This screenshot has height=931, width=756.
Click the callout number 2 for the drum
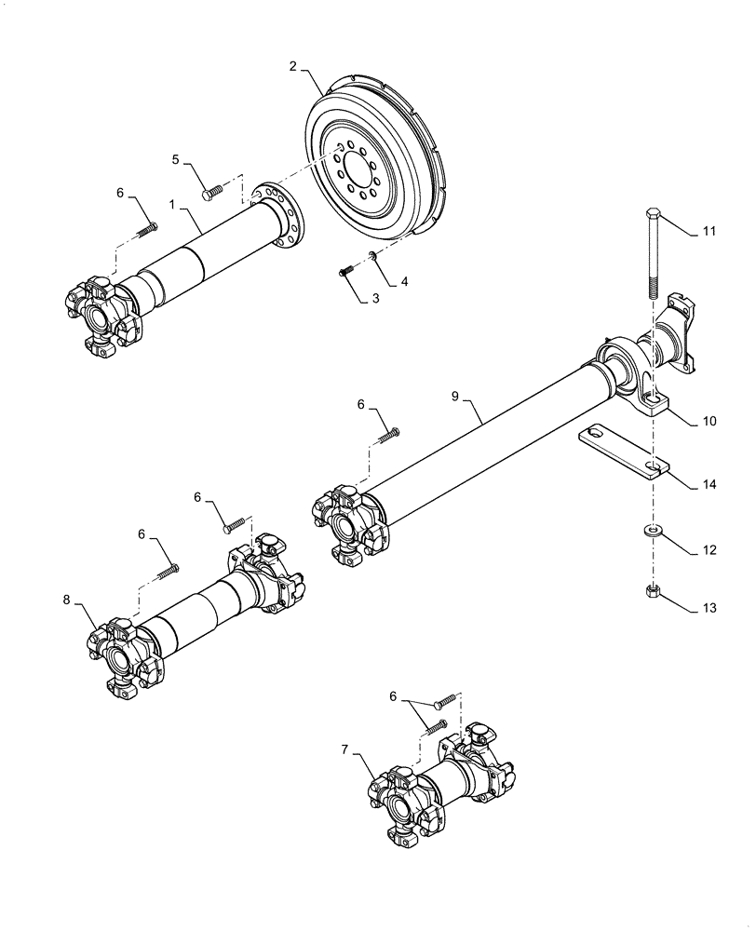[292, 66]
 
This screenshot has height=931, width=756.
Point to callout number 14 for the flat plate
[709, 485]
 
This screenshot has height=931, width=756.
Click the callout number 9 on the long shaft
[455, 397]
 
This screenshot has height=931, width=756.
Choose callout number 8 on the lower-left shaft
[67, 600]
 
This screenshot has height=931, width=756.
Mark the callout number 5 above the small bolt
[175, 160]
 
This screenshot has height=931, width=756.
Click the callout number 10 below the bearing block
[709, 422]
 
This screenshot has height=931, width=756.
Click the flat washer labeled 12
[653, 532]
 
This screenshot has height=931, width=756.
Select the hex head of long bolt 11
[651, 216]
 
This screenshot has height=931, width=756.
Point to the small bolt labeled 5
[210, 194]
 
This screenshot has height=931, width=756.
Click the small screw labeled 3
[343, 271]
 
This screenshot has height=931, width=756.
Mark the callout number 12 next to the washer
[709, 550]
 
